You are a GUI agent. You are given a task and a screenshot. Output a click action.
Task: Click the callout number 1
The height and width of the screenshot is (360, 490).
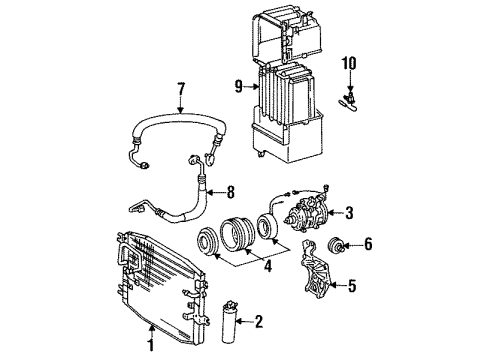[x=151, y=345]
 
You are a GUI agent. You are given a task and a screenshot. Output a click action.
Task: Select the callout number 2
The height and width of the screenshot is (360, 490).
[x=258, y=321]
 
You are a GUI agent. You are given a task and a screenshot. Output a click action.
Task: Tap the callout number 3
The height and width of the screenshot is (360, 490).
[x=349, y=213]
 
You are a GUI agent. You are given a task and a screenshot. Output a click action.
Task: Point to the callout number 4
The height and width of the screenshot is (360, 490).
[x=268, y=266]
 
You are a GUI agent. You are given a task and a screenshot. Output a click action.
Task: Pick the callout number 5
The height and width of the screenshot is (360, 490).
[x=352, y=285]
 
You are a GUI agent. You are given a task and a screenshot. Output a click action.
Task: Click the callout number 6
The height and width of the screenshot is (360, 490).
[x=368, y=244]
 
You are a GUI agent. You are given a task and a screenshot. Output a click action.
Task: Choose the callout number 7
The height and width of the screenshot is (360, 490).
[x=180, y=89]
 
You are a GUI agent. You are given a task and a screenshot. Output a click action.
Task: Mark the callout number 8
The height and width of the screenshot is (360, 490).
[x=230, y=192]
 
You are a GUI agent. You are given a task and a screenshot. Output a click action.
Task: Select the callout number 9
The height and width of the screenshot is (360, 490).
[x=239, y=87]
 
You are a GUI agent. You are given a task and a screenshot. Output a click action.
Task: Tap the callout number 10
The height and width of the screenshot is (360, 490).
[x=349, y=64]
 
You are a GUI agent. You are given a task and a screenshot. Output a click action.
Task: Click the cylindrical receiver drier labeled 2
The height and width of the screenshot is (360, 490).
[x=229, y=322]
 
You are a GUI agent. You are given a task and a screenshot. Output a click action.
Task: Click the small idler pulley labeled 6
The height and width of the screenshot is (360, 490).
[x=335, y=246]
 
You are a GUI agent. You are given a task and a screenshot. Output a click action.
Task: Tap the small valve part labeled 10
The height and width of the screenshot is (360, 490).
[x=348, y=102]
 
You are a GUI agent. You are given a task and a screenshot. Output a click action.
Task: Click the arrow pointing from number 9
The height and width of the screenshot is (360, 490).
[x=251, y=87]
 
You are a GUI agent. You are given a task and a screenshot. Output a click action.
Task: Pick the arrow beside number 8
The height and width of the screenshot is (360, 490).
[x=215, y=192]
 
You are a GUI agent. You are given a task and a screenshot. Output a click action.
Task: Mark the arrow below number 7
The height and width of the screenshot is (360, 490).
[x=180, y=105]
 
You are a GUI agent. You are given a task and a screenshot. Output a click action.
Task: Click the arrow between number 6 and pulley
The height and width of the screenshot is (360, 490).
[x=352, y=246]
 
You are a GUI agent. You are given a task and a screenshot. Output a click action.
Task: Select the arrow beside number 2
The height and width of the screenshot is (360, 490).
[x=244, y=322]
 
